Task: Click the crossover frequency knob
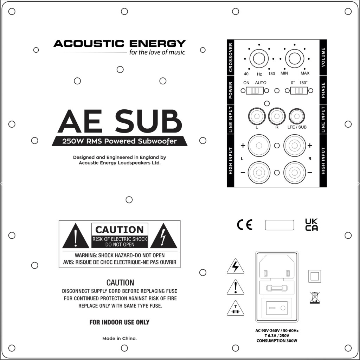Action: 259,59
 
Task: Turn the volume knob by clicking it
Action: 295,59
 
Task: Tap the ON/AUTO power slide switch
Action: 255,91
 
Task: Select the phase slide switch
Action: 299,91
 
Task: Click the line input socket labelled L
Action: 257,116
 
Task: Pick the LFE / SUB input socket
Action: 297,116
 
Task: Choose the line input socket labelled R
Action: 277,116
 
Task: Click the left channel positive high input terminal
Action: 259,146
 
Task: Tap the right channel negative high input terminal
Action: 295,173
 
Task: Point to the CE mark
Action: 245,225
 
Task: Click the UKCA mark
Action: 311,225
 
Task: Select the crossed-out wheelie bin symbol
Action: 315,298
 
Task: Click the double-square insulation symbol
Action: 315,276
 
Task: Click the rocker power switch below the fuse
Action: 277,308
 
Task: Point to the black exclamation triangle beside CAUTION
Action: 76,236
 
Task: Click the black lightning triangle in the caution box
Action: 163,236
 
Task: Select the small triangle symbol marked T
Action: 235,308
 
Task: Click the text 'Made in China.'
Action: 120,339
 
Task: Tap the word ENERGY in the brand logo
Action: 157,43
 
